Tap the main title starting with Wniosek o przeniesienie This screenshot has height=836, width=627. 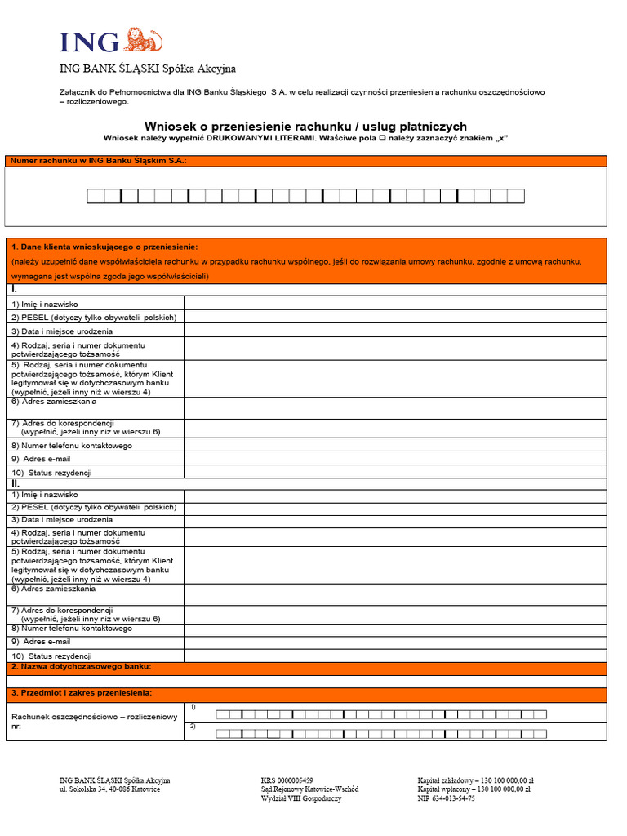[305, 126]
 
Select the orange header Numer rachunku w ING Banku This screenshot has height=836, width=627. [98, 161]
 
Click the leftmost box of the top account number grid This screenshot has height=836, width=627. [96, 196]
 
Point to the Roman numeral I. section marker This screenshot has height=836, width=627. [15, 290]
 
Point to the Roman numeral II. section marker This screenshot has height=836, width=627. [16, 484]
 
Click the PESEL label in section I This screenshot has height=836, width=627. [93, 318]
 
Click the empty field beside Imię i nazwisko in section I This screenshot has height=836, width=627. [395, 304]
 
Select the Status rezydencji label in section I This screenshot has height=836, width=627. [52, 473]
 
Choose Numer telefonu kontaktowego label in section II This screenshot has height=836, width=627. [71, 629]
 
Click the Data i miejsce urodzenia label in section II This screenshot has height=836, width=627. [62, 520]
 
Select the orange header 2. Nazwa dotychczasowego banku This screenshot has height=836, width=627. [81, 667]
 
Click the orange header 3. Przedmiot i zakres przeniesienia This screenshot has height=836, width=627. [81, 693]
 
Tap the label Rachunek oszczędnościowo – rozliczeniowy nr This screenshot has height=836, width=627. [94, 720]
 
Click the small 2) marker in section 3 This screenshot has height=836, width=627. [193, 726]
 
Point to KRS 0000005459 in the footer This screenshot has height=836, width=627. [287, 780]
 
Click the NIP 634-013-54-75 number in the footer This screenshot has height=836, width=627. [446, 798]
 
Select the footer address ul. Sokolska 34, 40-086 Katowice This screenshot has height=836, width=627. [109, 789]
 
